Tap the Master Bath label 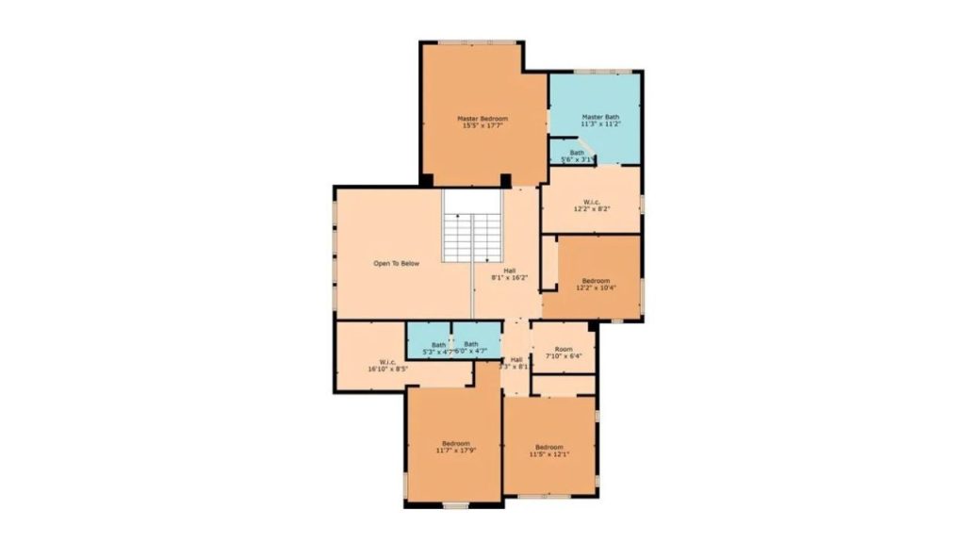pos(600,117)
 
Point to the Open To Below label pos(396,263)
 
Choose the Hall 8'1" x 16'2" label pos(509,273)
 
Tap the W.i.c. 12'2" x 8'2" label pos(592,205)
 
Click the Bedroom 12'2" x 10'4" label pos(596,284)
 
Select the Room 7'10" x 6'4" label pos(564,352)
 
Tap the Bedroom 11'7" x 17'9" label pos(455,447)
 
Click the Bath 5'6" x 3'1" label pos(576,156)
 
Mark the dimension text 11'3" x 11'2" pos(600,124)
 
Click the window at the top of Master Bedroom pos(483,41)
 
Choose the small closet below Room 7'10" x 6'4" pos(564,385)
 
